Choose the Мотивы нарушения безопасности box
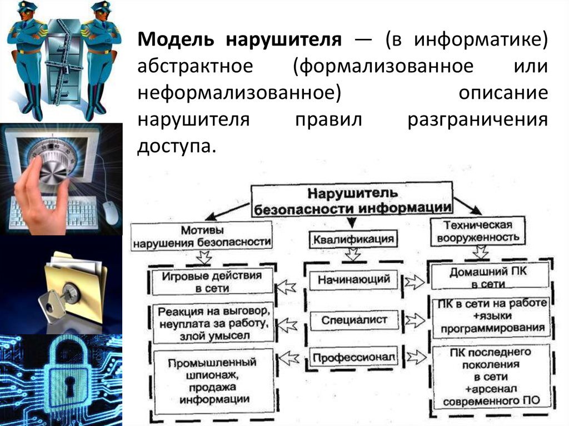click(202, 235)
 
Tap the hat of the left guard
click(26, 7)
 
